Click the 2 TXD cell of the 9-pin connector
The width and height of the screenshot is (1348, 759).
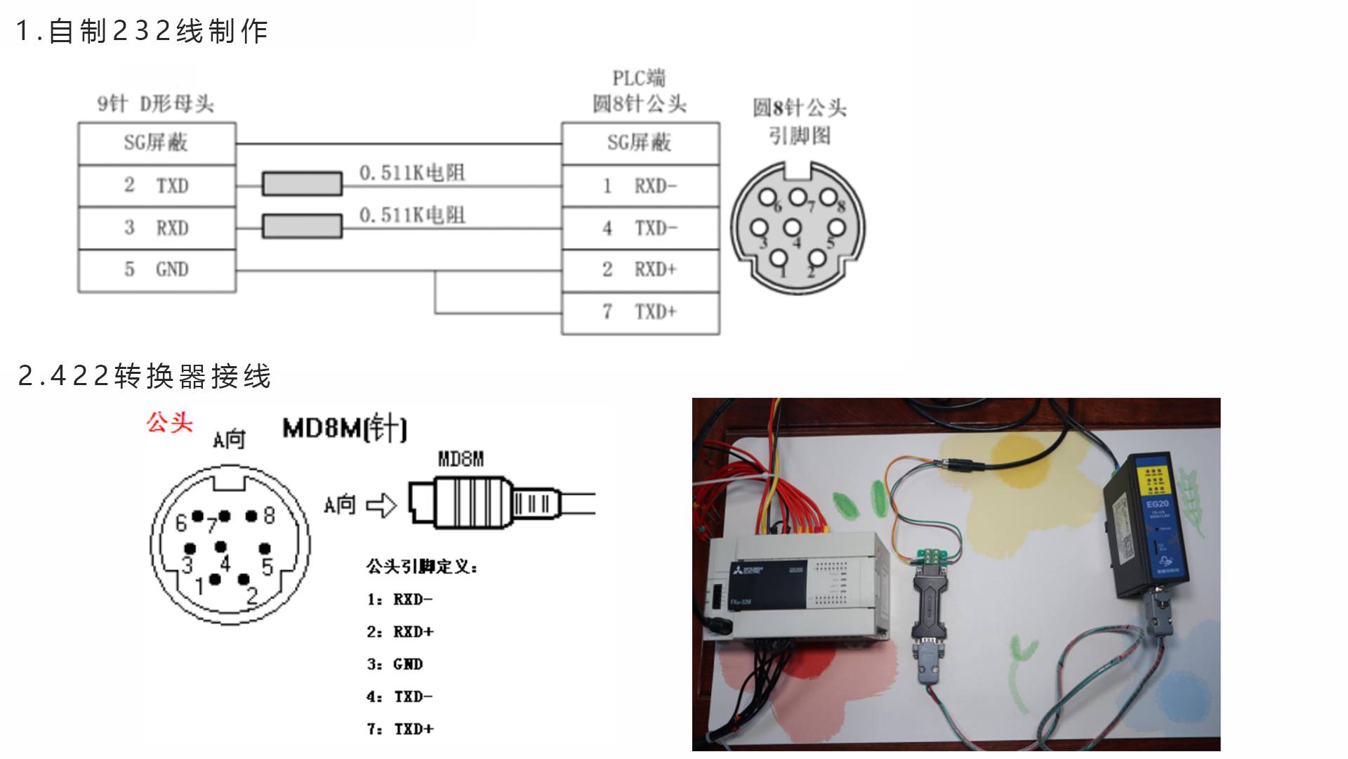click(x=157, y=186)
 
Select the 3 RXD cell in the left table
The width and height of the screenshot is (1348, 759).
click(x=157, y=228)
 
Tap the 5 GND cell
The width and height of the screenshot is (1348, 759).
click(x=157, y=270)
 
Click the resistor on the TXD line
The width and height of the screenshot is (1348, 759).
click(x=302, y=184)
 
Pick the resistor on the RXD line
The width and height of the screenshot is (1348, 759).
click(x=302, y=226)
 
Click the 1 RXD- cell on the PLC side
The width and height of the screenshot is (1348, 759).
click(x=640, y=186)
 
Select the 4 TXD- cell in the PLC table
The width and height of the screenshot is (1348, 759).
click(x=640, y=228)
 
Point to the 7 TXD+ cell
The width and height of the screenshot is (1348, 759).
click(x=640, y=312)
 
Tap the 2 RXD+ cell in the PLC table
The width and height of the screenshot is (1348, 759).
click(x=640, y=270)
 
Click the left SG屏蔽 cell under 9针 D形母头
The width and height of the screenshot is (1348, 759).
click(x=157, y=143)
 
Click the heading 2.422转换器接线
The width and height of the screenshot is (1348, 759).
click(x=145, y=376)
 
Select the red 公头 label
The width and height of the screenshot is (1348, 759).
click(x=169, y=422)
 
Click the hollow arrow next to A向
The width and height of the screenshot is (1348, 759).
click(x=382, y=505)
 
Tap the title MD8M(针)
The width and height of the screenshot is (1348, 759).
click(x=344, y=428)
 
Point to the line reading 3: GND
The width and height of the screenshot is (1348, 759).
click(x=395, y=664)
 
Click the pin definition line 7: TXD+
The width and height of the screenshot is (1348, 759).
click(x=400, y=729)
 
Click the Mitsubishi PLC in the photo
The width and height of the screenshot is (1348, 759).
click(x=797, y=587)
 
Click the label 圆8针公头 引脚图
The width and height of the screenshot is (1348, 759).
click(x=800, y=121)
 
